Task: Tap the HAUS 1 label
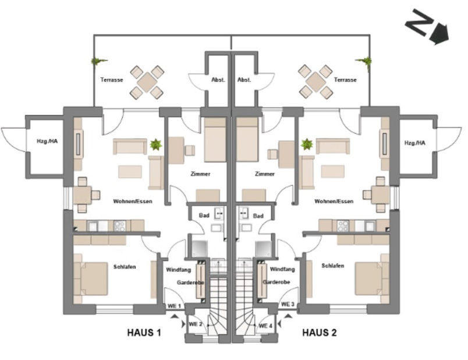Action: [144, 333]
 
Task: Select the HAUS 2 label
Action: [319, 333]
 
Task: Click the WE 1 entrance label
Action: [175, 306]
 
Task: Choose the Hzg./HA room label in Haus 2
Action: [414, 143]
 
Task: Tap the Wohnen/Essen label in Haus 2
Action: [334, 202]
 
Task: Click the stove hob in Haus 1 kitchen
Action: [120, 225]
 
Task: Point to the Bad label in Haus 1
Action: [204, 216]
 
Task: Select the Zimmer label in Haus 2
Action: [265, 174]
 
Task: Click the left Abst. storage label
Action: [218, 80]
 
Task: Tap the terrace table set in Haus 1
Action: [146, 81]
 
